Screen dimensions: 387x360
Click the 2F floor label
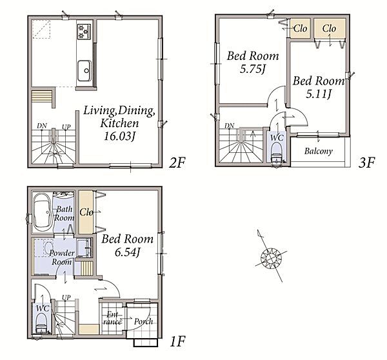[177, 163]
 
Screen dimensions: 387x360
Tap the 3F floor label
[366, 163]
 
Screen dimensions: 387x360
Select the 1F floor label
[178, 342]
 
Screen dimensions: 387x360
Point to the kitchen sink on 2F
[84, 71]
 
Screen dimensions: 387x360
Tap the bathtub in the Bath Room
[42, 212]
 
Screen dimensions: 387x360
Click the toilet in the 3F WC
[276, 154]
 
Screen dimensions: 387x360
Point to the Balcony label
[319, 151]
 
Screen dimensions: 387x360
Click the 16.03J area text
[119, 136]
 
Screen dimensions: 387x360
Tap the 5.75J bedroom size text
[252, 69]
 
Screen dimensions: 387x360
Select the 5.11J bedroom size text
[319, 94]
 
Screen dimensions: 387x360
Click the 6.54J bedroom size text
[127, 252]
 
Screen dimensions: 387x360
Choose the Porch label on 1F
[143, 321]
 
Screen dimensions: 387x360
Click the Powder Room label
[61, 257]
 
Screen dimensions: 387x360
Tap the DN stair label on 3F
[229, 126]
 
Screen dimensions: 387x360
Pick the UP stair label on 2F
[66, 127]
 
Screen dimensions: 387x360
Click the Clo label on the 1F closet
[86, 212]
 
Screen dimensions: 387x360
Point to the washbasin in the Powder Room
[83, 248]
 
